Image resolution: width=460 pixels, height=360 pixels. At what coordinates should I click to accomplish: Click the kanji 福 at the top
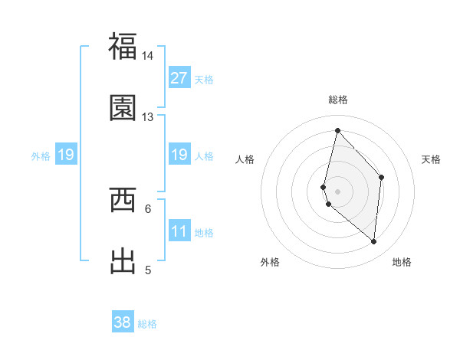click(x=123, y=46)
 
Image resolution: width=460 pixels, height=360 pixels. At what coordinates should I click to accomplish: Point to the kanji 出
click(x=123, y=260)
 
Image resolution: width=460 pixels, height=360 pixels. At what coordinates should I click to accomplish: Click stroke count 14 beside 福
click(x=147, y=56)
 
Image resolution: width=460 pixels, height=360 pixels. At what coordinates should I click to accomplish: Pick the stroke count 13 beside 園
click(x=147, y=117)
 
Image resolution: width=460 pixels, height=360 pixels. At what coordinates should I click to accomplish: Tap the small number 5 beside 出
click(x=148, y=270)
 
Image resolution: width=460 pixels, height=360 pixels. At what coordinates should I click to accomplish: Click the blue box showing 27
click(x=179, y=78)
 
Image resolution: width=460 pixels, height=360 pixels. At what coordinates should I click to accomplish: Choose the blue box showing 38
click(x=123, y=322)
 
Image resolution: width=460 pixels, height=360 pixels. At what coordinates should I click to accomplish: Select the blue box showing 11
click(x=179, y=231)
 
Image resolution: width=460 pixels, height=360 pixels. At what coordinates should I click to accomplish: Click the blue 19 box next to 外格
click(x=66, y=155)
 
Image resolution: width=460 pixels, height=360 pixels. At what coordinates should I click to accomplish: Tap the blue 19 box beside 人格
click(x=179, y=155)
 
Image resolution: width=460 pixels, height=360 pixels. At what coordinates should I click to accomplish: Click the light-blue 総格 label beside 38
click(x=147, y=324)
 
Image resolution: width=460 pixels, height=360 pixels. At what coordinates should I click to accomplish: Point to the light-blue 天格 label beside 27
click(x=204, y=80)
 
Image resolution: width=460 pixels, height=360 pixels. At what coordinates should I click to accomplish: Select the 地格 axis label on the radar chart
click(x=402, y=262)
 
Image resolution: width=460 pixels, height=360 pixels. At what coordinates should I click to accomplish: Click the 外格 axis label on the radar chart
click(x=270, y=262)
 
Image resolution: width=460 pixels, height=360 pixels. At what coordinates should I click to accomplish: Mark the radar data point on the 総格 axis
click(x=337, y=130)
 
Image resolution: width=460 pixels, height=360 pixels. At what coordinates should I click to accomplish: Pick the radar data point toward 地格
click(x=374, y=242)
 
